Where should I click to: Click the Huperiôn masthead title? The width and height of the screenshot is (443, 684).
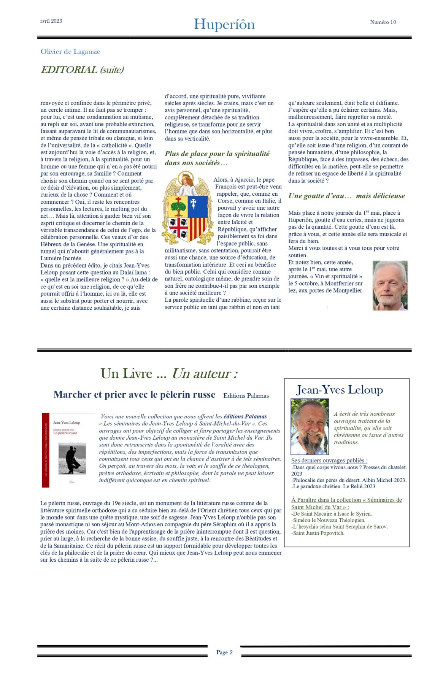point(224,24)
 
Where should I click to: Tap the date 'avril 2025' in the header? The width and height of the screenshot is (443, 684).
point(51,21)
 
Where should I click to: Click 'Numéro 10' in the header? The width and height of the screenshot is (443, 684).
point(383,22)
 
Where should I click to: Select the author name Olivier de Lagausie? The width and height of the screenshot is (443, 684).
point(70,52)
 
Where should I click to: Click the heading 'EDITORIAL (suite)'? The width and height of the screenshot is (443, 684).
point(82,70)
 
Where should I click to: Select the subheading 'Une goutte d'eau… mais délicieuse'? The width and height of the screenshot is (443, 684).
point(346,196)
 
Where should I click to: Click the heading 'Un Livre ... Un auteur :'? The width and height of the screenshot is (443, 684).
point(169,374)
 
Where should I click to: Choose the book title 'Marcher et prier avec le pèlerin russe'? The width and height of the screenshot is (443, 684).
point(134,394)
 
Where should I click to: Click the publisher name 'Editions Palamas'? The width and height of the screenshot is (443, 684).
point(246,396)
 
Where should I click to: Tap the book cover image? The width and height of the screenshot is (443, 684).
point(68,450)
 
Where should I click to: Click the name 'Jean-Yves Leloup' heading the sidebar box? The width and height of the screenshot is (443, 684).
point(340,390)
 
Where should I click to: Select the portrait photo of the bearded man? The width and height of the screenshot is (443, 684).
point(310,426)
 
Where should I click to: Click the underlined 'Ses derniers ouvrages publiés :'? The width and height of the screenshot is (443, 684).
point(329,461)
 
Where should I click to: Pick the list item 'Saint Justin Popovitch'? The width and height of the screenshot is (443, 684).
point(318,533)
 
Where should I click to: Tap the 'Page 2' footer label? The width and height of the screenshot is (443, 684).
point(224,652)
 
